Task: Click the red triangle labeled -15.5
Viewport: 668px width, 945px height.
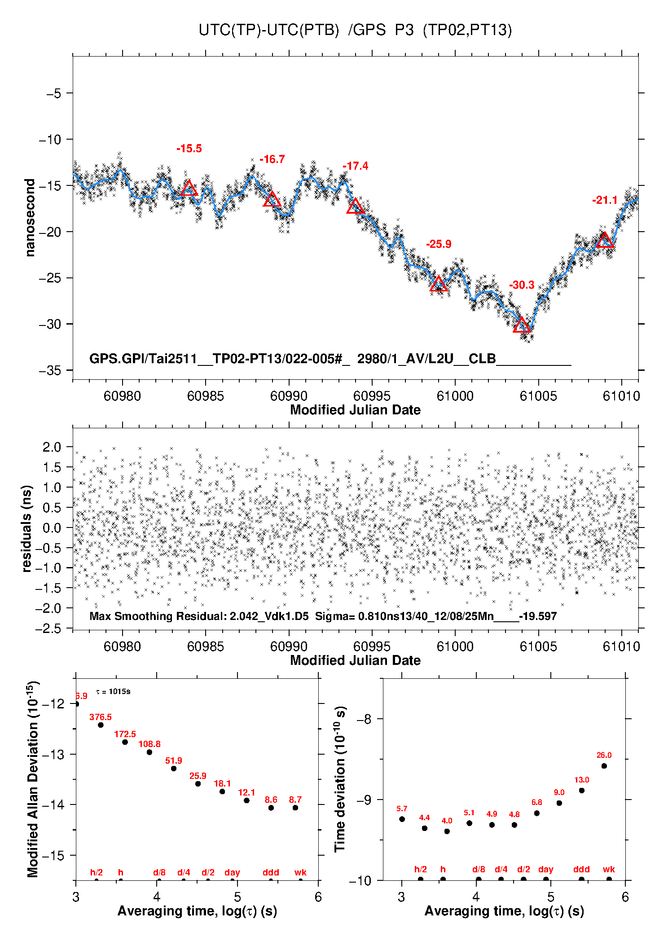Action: tap(189, 189)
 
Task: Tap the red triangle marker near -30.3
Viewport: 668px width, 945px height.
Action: tap(522, 325)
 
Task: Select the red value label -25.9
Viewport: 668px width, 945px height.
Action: tap(439, 244)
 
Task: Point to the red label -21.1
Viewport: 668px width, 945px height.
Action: tap(605, 200)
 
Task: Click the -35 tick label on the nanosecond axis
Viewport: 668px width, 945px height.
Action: tap(50, 370)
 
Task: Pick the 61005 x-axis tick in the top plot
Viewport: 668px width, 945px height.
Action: tap(538, 396)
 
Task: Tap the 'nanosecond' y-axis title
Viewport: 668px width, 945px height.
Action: tap(30, 218)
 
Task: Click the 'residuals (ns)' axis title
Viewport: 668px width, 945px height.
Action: tap(27, 528)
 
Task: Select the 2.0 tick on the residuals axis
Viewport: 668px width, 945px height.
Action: tap(52, 447)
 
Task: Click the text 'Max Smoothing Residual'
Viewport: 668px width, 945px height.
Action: tap(158, 616)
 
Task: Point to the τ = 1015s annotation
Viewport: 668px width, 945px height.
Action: tap(113, 691)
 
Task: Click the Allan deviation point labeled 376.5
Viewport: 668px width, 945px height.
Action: tap(101, 725)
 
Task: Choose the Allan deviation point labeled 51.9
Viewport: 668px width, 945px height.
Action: tap(174, 769)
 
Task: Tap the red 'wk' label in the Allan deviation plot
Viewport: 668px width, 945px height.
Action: tap(300, 872)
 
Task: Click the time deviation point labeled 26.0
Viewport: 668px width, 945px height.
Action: tap(604, 766)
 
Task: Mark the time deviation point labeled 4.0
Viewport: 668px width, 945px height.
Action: tap(447, 831)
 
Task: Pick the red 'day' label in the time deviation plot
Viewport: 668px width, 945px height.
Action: tap(545, 869)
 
